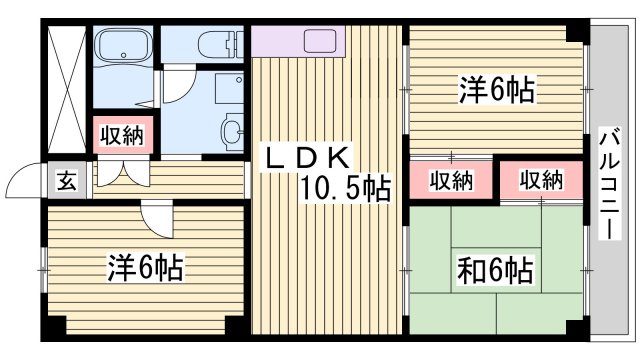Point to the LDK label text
coord(306,157)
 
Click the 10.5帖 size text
coord(346,187)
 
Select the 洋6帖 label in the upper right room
coord(497,90)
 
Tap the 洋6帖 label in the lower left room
coord(145,267)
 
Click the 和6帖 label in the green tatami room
coord(496,269)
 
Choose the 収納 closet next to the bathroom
coord(125,135)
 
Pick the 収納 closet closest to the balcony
coord(540,180)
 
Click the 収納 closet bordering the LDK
coord(451,180)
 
